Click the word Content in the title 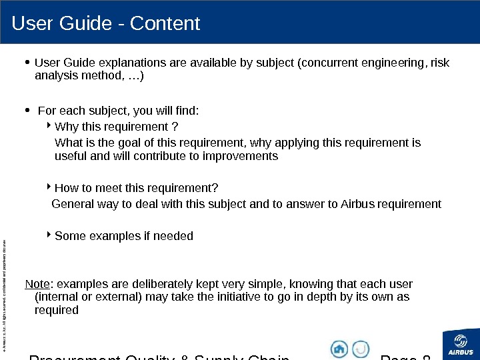(x=165, y=24)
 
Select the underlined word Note (x=37, y=283)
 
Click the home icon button (x=339, y=349)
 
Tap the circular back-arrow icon (x=361, y=349)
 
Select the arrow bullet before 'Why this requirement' (x=51, y=125)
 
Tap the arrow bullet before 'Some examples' (x=51, y=235)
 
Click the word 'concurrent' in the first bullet (x=328, y=63)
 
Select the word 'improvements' (x=245, y=157)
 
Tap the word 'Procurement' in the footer (x=70, y=357)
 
